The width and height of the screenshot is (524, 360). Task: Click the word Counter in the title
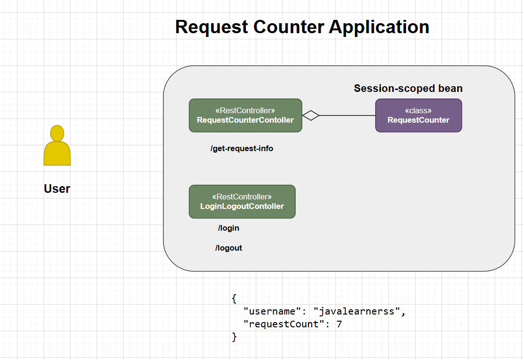pos(288,27)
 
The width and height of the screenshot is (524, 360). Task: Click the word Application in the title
pos(379,27)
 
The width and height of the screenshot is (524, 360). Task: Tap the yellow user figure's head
pos(57,133)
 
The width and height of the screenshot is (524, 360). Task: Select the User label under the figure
pos(57,189)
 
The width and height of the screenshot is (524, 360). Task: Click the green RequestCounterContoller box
pos(245,115)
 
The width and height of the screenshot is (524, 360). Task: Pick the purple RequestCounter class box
pos(418,115)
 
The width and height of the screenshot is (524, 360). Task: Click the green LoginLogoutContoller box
pos(242,201)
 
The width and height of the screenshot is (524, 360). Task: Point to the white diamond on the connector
pos(311,115)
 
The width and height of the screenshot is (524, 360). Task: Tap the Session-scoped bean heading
pos(408,89)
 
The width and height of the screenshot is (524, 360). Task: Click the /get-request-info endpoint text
pos(242,148)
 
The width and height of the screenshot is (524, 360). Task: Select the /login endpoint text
pos(228,228)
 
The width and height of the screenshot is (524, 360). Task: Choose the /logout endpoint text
pos(228,248)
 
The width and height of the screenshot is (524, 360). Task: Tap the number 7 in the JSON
pos(339,324)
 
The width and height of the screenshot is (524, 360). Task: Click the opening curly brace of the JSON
pos(234,299)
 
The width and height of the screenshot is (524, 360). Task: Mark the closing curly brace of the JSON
pos(234,337)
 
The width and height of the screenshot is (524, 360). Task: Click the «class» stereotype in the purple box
pos(418,110)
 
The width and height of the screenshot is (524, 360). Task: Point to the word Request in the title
pos(211,27)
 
